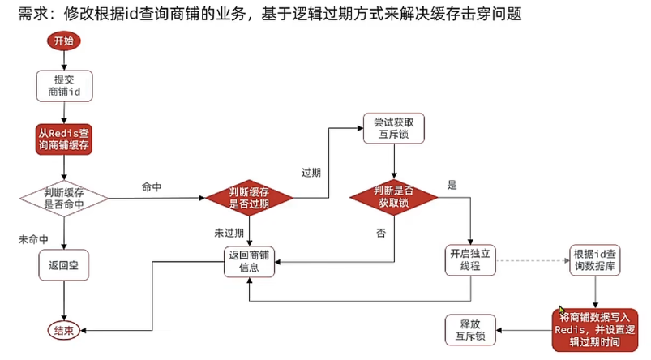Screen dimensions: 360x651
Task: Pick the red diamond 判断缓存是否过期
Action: click(249, 198)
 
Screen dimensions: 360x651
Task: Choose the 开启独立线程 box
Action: click(471, 261)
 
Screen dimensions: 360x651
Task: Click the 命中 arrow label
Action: click(152, 187)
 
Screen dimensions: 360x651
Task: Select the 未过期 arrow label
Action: click(228, 233)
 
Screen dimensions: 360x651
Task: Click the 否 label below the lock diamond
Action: click(380, 233)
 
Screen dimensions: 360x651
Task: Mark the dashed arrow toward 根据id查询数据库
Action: click(531, 261)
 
